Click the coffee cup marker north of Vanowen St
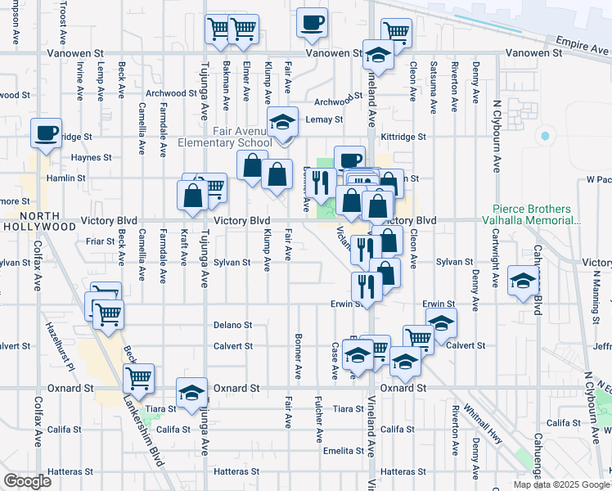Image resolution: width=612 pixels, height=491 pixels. point(311,22)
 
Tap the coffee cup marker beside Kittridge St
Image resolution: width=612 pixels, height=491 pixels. point(47,132)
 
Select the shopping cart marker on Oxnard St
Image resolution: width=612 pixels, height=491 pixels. point(138,377)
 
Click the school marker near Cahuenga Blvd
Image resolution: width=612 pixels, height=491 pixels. point(523,280)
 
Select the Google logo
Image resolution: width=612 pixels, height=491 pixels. point(26,480)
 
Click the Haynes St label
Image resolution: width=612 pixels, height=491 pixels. point(91,157)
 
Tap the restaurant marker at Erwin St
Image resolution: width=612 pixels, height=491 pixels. point(366,286)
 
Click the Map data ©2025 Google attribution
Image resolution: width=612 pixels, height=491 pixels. point(560,484)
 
